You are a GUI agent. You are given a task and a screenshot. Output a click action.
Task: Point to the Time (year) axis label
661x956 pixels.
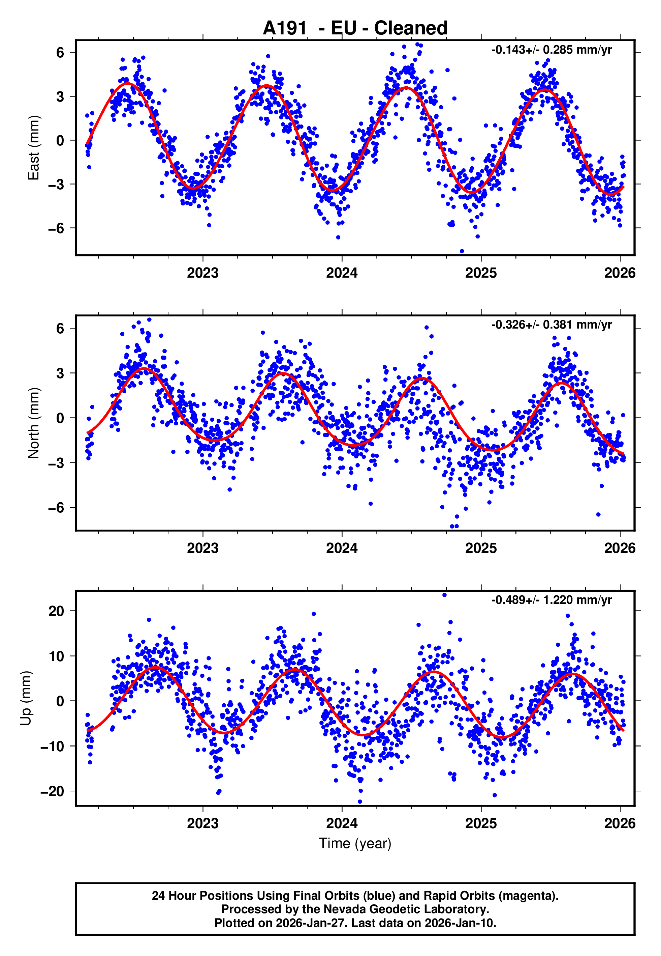point(355,843)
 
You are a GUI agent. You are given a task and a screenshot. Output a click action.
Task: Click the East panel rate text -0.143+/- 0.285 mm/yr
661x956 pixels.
point(551,50)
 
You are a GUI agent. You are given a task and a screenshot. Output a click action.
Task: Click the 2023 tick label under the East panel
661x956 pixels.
point(202,273)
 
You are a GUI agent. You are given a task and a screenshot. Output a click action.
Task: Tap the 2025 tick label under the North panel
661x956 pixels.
point(481,548)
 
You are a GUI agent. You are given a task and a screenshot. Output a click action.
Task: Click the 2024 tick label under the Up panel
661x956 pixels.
point(342,823)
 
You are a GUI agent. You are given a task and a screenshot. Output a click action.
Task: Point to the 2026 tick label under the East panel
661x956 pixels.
point(620,273)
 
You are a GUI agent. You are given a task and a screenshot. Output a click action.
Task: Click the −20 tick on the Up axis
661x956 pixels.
point(53,791)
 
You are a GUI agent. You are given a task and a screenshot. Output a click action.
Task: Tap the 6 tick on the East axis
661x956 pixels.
point(60,53)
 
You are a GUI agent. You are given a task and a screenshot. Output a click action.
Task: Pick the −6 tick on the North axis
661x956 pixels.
point(56,507)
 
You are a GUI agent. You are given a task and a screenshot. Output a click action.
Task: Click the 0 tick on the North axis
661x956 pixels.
point(60,418)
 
